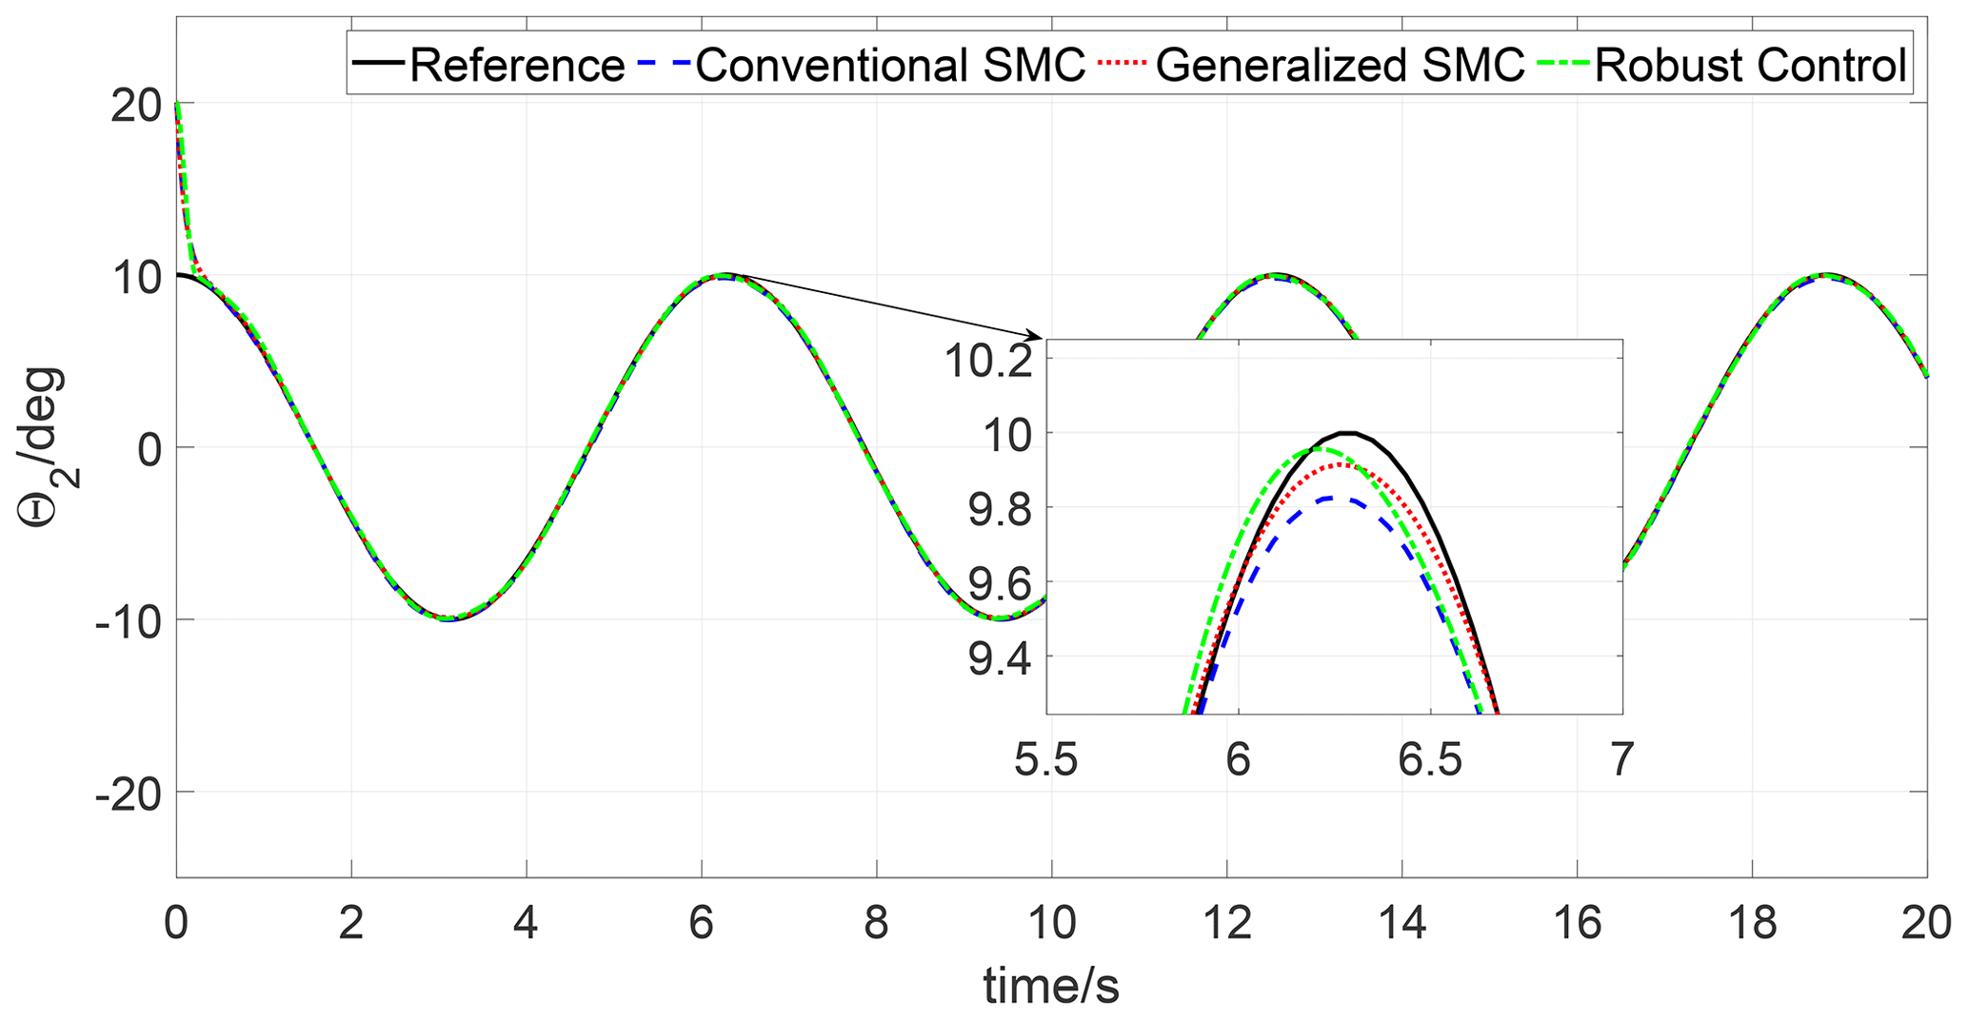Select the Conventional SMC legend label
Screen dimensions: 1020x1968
point(890,66)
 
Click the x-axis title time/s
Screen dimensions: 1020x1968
point(1051,987)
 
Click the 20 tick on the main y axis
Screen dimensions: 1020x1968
point(136,104)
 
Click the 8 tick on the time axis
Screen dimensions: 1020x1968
point(876,924)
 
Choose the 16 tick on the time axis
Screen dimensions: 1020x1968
point(1577,924)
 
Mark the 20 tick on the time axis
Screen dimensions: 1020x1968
point(1925,924)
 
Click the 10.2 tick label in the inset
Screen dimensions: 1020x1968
point(987,362)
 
